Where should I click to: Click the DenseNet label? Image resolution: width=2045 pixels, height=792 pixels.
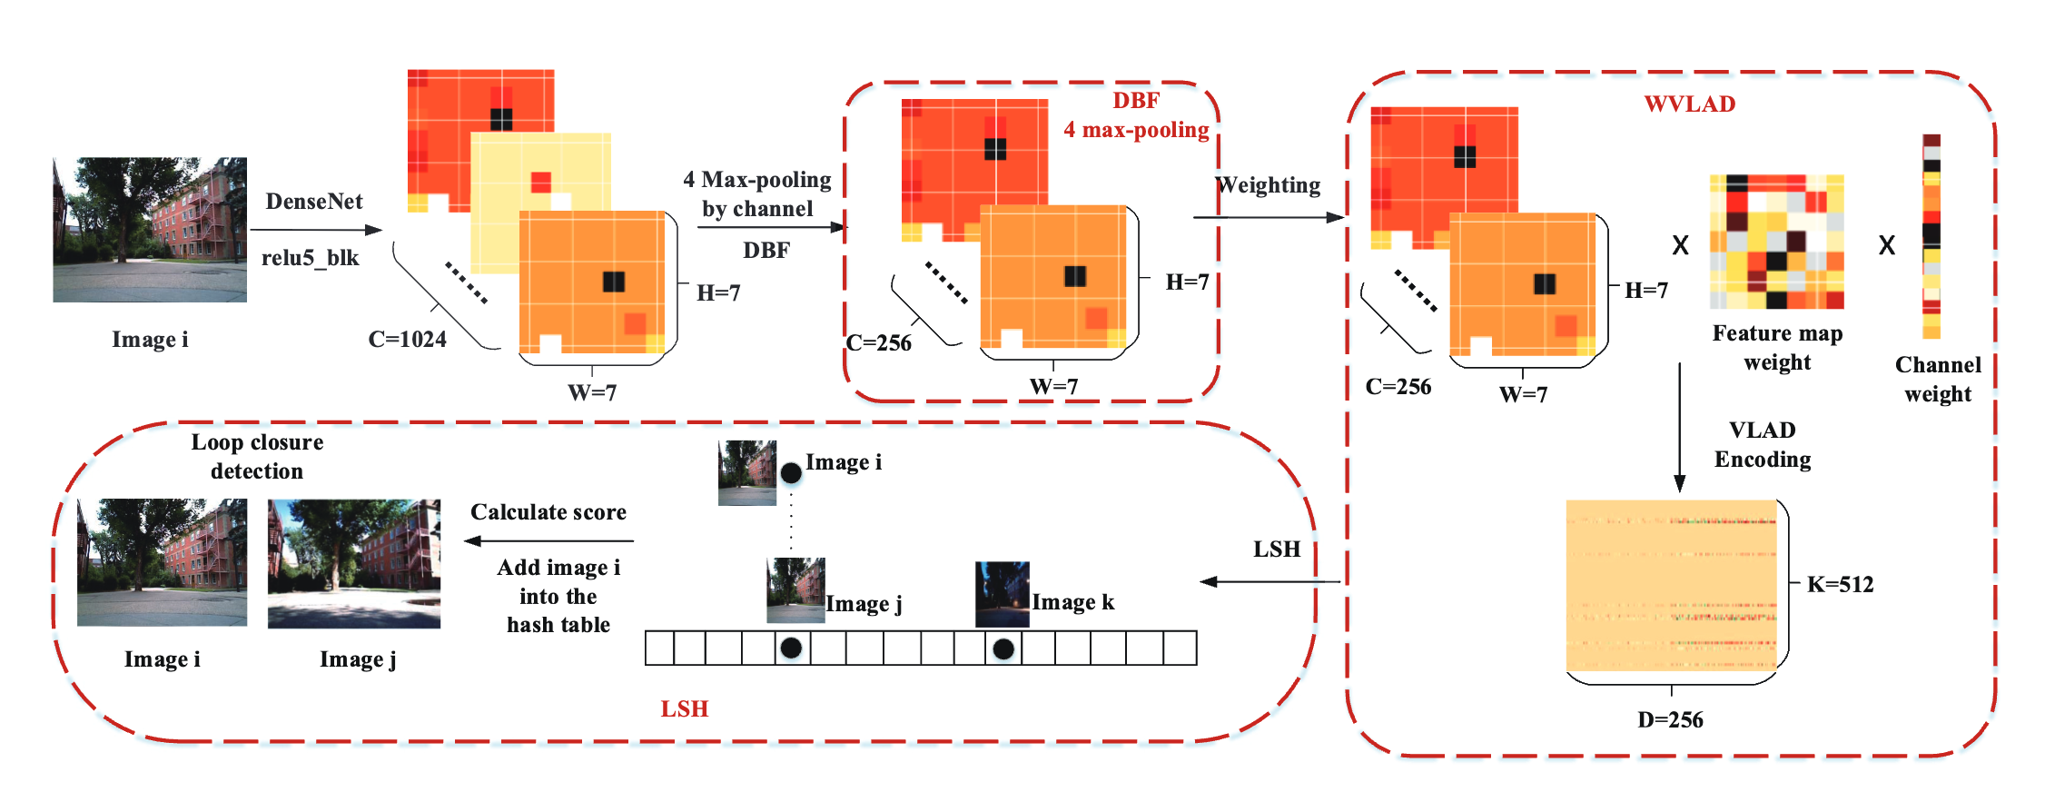(313, 202)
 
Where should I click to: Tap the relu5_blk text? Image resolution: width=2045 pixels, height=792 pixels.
(311, 258)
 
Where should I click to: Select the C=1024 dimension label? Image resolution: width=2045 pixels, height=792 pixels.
(407, 340)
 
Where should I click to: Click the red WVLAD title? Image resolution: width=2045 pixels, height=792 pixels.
(1689, 104)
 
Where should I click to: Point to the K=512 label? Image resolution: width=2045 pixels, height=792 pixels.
(1840, 585)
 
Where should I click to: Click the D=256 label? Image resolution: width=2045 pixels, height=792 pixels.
(1670, 720)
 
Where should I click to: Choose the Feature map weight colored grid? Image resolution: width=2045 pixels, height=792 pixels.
(1776, 242)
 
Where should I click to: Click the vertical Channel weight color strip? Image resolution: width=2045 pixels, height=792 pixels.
(1931, 236)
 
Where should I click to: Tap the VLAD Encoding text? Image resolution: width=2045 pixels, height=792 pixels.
(1762, 445)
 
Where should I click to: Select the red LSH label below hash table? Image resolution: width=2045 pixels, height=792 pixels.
(684, 709)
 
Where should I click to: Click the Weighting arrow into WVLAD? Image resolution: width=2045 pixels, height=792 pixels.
(1268, 217)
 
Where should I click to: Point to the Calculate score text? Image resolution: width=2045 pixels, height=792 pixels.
(548, 512)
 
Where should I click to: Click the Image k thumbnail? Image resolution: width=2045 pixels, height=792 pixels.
(1002, 594)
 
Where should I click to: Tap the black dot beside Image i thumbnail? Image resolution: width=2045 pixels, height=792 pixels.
(791, 472)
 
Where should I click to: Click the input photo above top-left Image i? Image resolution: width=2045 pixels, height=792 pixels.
(150, 230)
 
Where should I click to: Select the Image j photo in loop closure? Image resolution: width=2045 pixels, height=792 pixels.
(354, 563)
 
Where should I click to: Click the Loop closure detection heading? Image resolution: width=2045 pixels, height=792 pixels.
(257, 457)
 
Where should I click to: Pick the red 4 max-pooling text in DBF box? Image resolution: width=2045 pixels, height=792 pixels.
(1136, 131)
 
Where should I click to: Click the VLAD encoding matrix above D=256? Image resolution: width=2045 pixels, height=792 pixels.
(1671, 585)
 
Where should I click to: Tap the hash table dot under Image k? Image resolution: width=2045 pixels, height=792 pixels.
(1003, 648)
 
